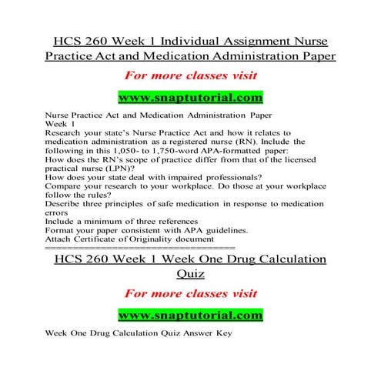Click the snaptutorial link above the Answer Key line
pyautogui.click(x=189, y=316)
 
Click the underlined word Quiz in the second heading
pyautogui.click(x=189, y=281)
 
